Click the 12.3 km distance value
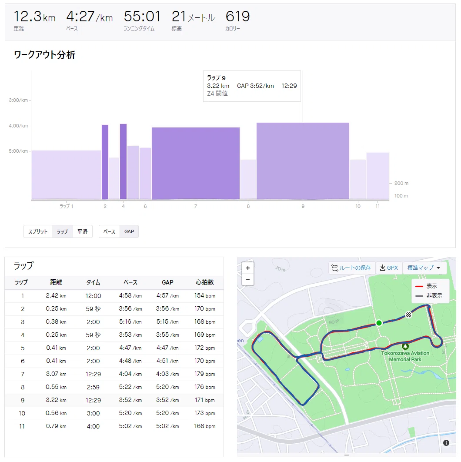tap(34, 17)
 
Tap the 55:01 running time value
tap(142, 17)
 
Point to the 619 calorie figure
tap(237, 17)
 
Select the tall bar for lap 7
tap(196, 163)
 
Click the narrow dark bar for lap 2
tap(105, 162)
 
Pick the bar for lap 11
tap(377, 176)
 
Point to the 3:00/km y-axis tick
tap(18, 100)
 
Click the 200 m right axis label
tap(401, 183)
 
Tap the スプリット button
tap(38, 231)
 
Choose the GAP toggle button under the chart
tap(129, 231)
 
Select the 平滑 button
tap(83, 231)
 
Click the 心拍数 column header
tap(205, 282)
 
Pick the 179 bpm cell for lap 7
tap(205, 374)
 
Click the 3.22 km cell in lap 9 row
tap(56, 400)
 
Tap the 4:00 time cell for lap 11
tap(93, 426)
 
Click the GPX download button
tap(389, 268)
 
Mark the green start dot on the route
tap(379, 323)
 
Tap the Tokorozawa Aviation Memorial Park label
tap(405, 356)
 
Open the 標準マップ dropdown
tap(424, 268)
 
